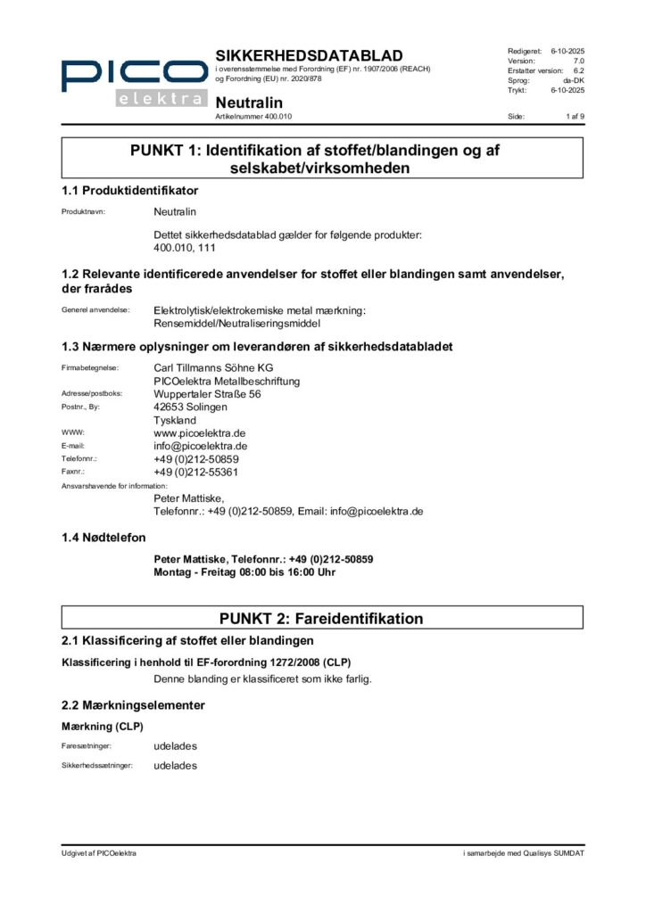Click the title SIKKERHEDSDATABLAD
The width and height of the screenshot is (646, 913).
point(309,56)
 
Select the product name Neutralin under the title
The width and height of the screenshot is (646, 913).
point(249,103)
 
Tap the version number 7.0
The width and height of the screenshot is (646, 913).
point(578,61)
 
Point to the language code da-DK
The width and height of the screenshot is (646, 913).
point(573,80)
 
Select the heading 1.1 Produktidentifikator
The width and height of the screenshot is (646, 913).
point(129,190)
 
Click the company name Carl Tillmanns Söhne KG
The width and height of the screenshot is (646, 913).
point(214,367)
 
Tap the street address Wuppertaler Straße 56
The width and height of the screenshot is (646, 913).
point(208,393)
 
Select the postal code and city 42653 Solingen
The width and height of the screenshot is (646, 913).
point(190,407)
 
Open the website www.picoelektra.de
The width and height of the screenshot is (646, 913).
point(201,432)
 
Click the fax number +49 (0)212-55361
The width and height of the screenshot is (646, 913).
point(196,472)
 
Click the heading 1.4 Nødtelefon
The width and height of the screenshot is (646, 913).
point(104,538)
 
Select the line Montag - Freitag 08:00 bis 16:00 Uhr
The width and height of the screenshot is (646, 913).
point(244,572)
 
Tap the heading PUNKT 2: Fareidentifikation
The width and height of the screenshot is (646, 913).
point(321,618)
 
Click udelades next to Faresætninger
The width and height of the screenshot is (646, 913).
point(175,745)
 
